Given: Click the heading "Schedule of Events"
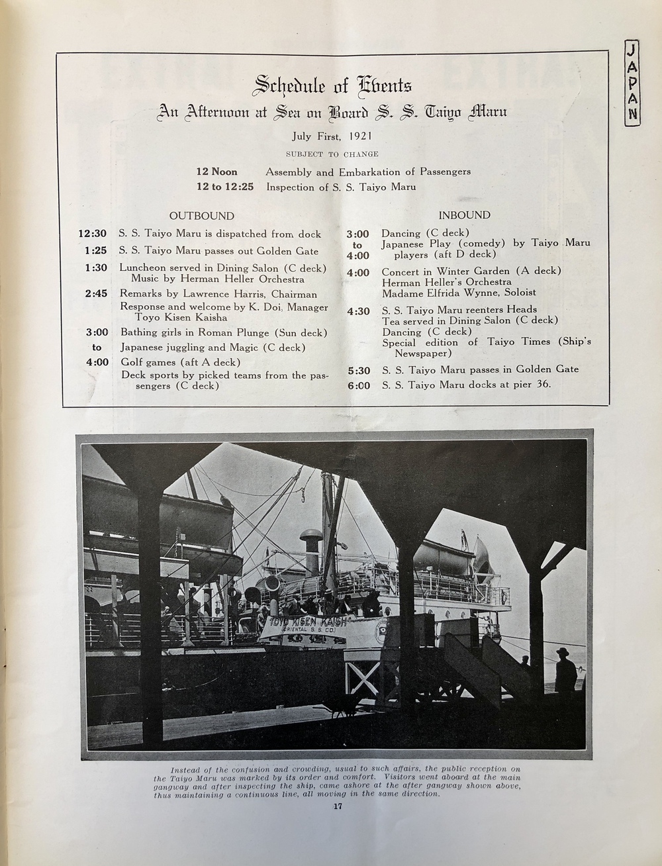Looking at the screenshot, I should coord(333,85).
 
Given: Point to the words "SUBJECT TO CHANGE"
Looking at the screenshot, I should coord(332,154).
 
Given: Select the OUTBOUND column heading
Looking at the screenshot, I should coord(201,216).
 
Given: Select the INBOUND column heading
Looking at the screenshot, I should coord(464,215).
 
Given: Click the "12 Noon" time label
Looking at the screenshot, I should coord(216,171).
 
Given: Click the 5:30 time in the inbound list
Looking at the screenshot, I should coord(357,369).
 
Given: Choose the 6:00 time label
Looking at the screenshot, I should coord(357,385).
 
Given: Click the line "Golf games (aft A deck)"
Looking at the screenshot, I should coord(180,362).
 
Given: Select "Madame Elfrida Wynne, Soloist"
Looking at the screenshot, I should coord(459,292).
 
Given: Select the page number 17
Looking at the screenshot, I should coord(338,806).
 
